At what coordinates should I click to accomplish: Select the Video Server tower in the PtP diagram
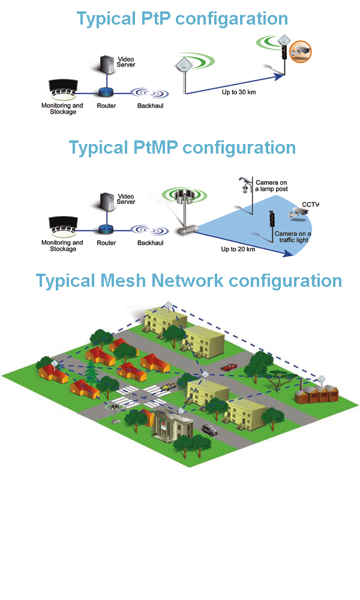point(107,69)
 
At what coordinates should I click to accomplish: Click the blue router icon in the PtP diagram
point(106,92)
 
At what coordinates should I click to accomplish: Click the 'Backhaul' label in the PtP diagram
point(150,105)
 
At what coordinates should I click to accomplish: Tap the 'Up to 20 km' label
point(238,248)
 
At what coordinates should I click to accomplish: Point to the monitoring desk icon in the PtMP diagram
point(62,227)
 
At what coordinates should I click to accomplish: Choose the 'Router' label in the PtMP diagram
point(106,243)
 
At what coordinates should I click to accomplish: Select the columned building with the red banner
point(172,426)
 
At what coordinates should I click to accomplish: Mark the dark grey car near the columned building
point(209,430)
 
